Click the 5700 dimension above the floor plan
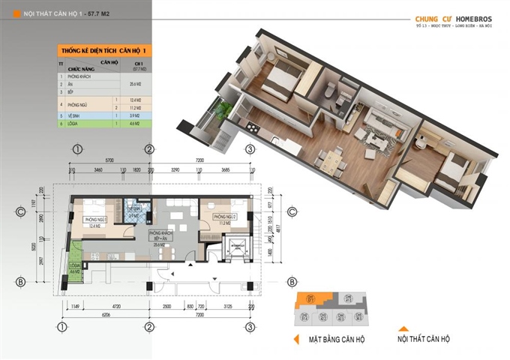click(x=109, y=160)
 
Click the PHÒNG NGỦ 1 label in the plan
click(x=97, y=218)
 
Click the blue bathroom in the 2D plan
click(x=133, y=212)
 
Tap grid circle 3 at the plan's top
click(x=248, y=148)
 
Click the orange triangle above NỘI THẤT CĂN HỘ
click(x=403, y=327)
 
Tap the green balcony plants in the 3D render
click(x=220, y=111)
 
